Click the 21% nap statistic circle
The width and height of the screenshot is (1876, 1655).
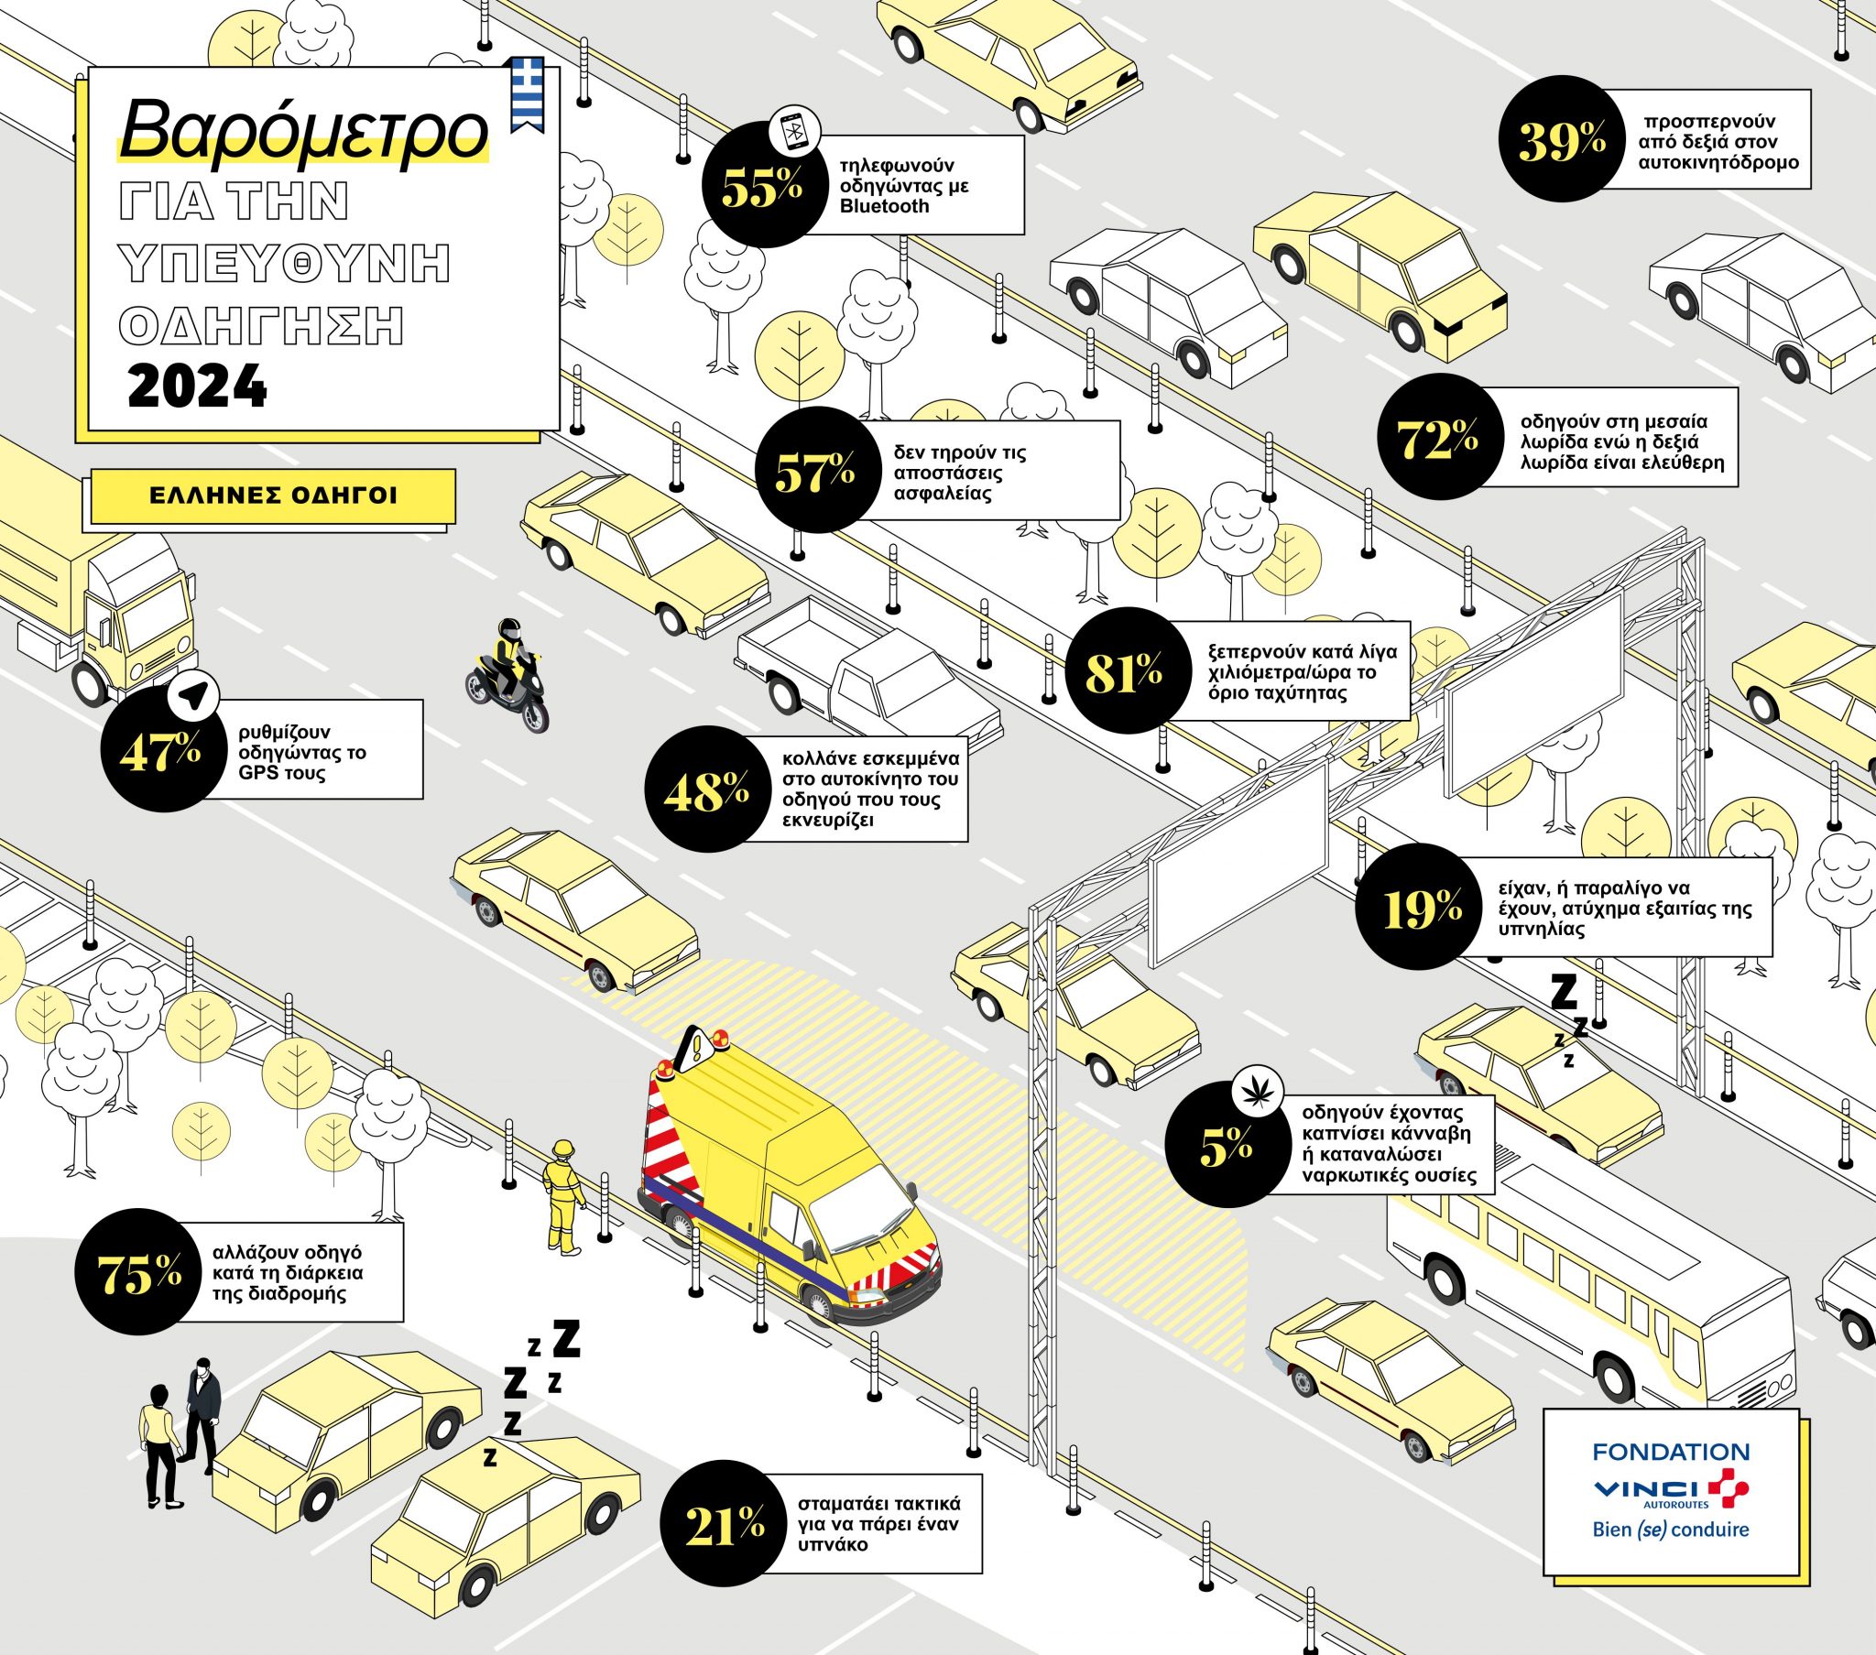pos(724,1524)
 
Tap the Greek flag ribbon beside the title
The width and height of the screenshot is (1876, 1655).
pos(527,93)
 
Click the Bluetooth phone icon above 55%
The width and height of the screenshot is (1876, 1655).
pos(794,131)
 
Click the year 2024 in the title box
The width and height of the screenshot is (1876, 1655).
pos(197,387)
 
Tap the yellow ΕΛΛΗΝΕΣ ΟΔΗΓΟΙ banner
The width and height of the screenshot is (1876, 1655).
pos(273,496)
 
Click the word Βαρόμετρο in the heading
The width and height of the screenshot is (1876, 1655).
pos(303,131)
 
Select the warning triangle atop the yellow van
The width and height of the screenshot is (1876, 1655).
pos(696,1046)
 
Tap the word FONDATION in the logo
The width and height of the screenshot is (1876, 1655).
pos(1671,1453)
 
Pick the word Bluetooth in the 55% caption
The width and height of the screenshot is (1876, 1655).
pos(884,206)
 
